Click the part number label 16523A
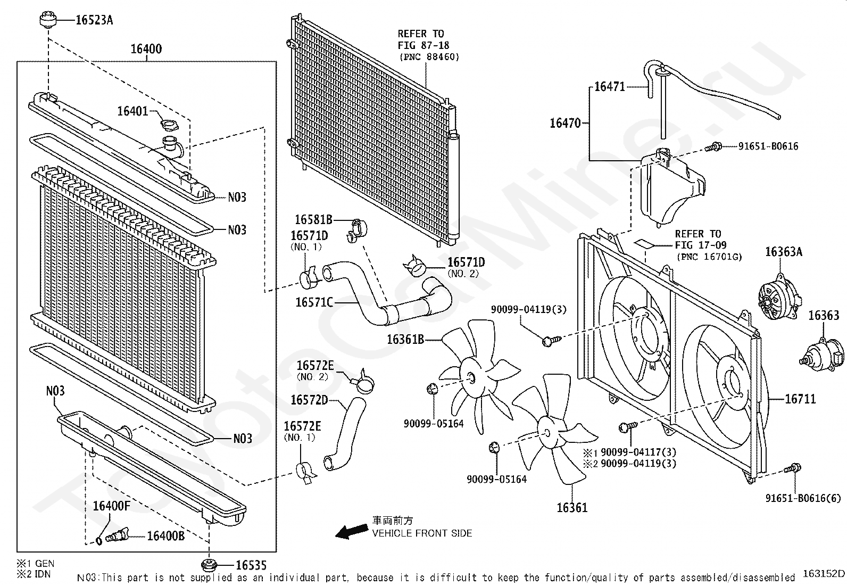coord(94,20)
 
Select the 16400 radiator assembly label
coord(146,49)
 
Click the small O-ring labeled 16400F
coord(99,541)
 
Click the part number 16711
coord(800,399)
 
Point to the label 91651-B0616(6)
coord(803,498)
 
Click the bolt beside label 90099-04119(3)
coord(551,339)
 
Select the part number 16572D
coord(309,400)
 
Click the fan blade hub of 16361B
coord(470,376)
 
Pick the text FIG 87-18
coord(423,45)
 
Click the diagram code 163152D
coord(823,573)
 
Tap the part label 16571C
coord(314,302)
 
